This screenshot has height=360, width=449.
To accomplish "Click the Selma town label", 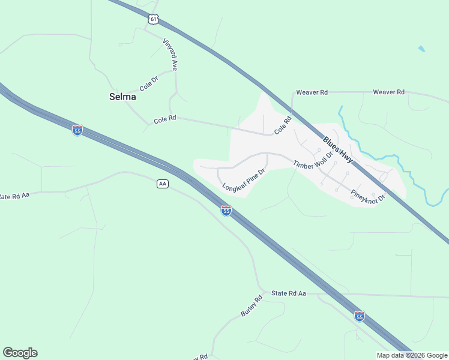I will point(122,96).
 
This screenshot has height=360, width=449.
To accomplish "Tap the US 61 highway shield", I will point(154,20).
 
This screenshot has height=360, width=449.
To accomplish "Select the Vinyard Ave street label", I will point(170,55).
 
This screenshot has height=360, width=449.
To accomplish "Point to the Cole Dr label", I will point(148,83).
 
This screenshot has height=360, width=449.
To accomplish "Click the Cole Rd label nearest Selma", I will point(164,119).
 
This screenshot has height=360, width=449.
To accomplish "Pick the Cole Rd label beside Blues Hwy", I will point(283,125).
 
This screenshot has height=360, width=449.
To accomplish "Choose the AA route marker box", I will point(162,184).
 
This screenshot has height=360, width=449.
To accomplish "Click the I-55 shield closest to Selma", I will point(77,130).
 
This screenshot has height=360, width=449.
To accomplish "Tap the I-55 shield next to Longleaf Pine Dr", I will point(226,211).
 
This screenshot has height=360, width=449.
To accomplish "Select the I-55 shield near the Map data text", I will point(359,316).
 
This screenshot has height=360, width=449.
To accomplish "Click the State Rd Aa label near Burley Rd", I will point(289,293).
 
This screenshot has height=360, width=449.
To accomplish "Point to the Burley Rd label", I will point(252,306).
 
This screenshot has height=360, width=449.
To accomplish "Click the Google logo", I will point(20,353).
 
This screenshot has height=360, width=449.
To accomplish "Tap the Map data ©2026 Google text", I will point(411,355).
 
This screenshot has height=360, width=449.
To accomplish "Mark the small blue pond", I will point(421,49).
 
